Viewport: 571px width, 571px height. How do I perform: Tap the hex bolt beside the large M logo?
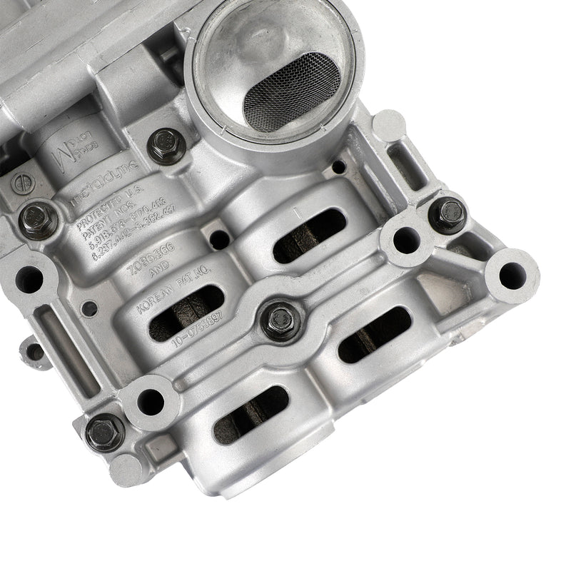pos(166,145)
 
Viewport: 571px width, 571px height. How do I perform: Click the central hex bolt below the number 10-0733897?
pos(281,320)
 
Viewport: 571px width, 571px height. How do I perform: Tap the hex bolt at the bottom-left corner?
pos(105,431)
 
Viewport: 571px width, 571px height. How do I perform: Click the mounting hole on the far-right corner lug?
pos(511,275)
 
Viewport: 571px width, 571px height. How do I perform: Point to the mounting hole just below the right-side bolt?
pos(406,240)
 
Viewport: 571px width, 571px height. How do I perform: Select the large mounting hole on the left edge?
pos(29,280)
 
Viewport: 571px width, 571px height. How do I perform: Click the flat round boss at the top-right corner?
pos(389,125)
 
